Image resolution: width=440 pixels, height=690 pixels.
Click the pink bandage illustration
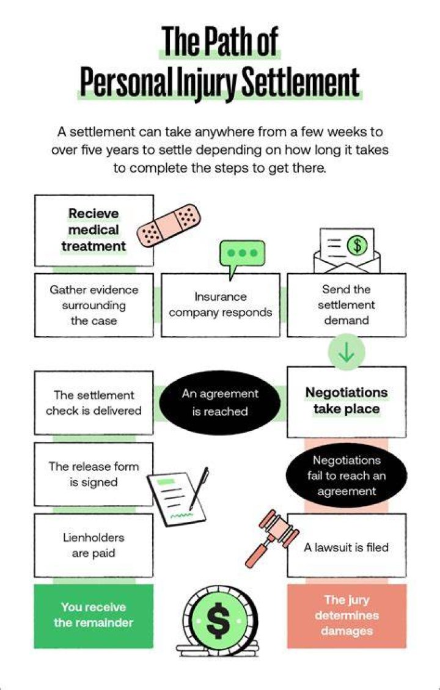169,226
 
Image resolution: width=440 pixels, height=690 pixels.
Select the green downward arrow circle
346,352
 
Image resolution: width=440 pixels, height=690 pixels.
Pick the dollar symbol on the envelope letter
358,245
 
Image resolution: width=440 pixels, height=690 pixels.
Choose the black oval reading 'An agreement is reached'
219,403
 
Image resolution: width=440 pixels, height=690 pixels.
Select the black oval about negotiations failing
346,475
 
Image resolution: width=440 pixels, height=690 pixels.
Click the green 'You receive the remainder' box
94,615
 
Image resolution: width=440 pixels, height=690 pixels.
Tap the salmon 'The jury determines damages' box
346,615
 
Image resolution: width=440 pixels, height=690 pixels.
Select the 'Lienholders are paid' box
94,545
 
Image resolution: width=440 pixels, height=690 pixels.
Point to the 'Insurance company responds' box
221,305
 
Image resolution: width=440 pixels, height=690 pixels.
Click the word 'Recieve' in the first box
94,213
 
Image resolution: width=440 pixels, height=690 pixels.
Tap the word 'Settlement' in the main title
301,83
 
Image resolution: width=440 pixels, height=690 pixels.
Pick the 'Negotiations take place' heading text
346,400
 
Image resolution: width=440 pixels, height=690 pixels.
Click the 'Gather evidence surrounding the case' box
94,305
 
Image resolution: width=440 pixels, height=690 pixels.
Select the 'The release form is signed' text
94,474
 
